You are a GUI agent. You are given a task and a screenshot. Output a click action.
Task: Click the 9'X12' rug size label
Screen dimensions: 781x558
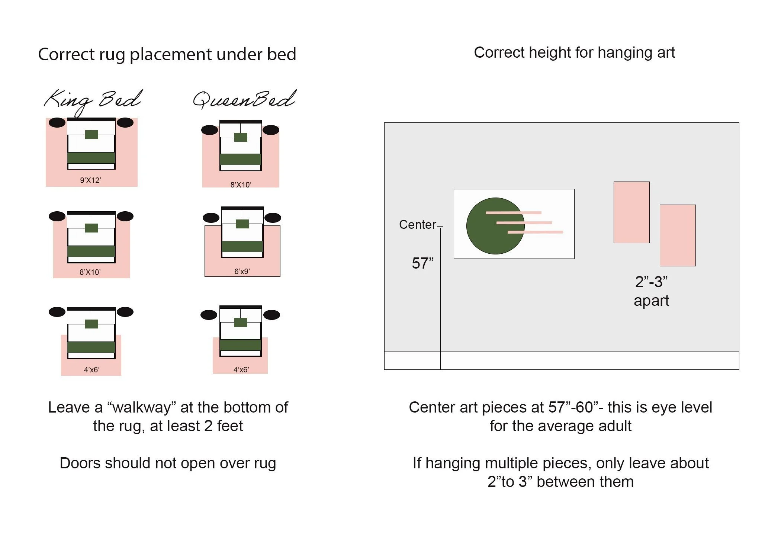(x=90, y=180)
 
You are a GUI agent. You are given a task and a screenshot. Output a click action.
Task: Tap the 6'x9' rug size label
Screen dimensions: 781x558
(x=242, y=272)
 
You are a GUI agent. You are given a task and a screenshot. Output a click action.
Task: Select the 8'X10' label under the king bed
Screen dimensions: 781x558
(x=90, y=272)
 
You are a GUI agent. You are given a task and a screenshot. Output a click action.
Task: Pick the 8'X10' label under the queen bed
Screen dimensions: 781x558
(x=241, y=185)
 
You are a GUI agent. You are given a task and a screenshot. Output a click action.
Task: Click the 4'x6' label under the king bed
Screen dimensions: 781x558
(x=91, y=370)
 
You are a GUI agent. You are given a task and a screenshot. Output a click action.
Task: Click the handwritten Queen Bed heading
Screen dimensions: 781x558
(x=244, y=100)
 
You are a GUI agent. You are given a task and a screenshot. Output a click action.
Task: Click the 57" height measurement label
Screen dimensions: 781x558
(x=422, y=263)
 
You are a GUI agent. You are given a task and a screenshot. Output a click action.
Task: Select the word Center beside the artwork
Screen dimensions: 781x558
(x=417, y=225)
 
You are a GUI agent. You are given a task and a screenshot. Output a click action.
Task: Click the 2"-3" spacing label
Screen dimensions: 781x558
(x=651, y=282)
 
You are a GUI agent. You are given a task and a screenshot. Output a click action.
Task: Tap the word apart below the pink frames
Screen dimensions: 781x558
(x=651, y=301)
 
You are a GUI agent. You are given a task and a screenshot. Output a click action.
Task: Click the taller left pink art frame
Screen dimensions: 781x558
(x=631, y=212)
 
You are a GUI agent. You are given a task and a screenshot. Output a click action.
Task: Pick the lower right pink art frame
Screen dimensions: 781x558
(x=678, y=235)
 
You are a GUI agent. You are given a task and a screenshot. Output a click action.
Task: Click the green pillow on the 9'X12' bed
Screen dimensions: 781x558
(x=91, y=134)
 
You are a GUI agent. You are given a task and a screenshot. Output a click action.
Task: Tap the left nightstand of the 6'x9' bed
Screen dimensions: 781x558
(x=211, y=218)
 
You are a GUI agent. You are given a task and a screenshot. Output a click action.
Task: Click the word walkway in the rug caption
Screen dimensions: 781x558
(x=142, y=408)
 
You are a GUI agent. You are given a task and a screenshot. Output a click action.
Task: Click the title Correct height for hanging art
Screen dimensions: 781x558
(x=574, y=53)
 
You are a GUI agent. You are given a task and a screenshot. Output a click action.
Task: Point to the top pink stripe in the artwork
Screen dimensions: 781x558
(x=513, y=213)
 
